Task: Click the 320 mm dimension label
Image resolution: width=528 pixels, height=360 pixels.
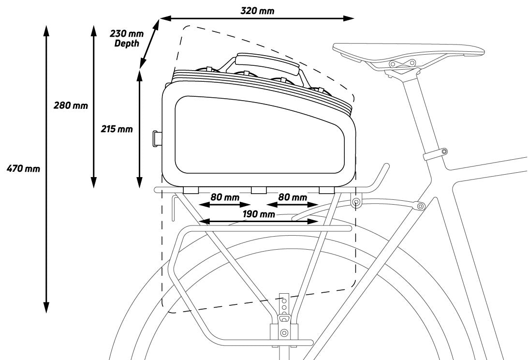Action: pos(257,10)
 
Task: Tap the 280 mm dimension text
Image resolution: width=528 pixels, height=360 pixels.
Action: pos(71,105)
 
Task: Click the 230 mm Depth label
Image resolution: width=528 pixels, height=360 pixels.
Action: pos(127,38)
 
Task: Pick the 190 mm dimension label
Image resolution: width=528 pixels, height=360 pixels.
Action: pos(259,214)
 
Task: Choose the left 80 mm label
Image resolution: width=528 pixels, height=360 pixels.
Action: pos(225,197)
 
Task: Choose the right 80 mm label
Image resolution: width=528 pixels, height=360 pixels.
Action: pos(293,197)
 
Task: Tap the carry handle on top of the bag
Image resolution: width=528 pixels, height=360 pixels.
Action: pos(266,63)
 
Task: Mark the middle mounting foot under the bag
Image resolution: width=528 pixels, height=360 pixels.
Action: pos(259,189)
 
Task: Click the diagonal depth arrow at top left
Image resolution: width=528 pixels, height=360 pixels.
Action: pos(150,44)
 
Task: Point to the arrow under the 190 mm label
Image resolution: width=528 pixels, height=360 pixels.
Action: pos(259,222)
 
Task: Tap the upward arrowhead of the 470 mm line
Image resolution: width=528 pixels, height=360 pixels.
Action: pos(47,30)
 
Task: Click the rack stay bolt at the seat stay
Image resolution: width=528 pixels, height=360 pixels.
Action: pos(419,206)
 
